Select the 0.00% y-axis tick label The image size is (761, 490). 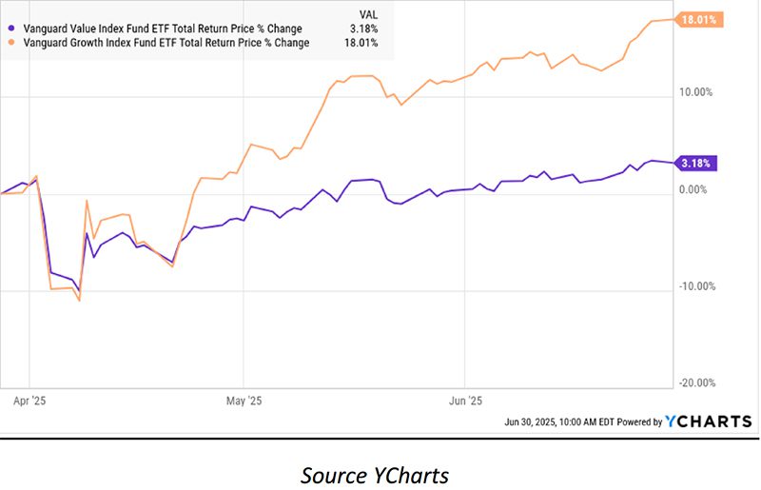pyautogui.click(x=696, y=189)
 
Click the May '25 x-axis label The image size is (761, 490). pyautogui.click(x=245, y=401)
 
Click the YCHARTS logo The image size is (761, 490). pyautogui.click(x=708, y=421)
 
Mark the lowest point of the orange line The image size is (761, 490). pyautogui.click(x=80, y=301)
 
